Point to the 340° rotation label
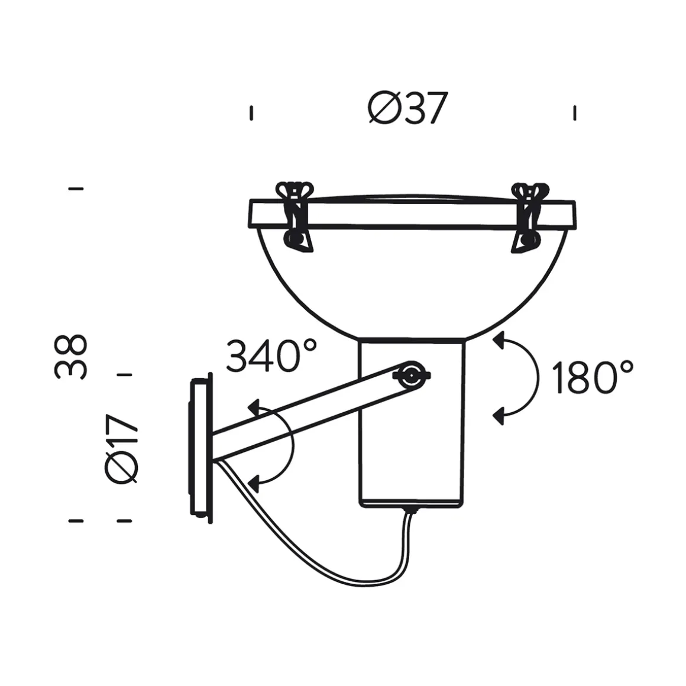click(x=271, y=356)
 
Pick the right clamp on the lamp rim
click(x=528, y=216)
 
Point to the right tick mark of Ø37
click(x=575, y=112)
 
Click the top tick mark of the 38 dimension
click(x=76, y=189)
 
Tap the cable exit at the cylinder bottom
click(x=409, y=509)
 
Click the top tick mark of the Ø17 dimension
click(x=124, y=374)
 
